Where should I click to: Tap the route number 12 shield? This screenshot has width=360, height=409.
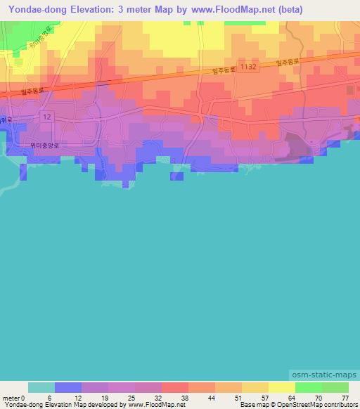[x=46, y=116]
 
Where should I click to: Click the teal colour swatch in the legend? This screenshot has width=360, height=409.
[x=41, y=387]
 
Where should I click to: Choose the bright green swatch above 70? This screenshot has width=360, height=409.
[x=308, y=387]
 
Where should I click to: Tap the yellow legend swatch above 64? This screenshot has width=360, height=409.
[x=281, y=387]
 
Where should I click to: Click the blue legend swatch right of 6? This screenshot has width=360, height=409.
[x=68, y=387]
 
